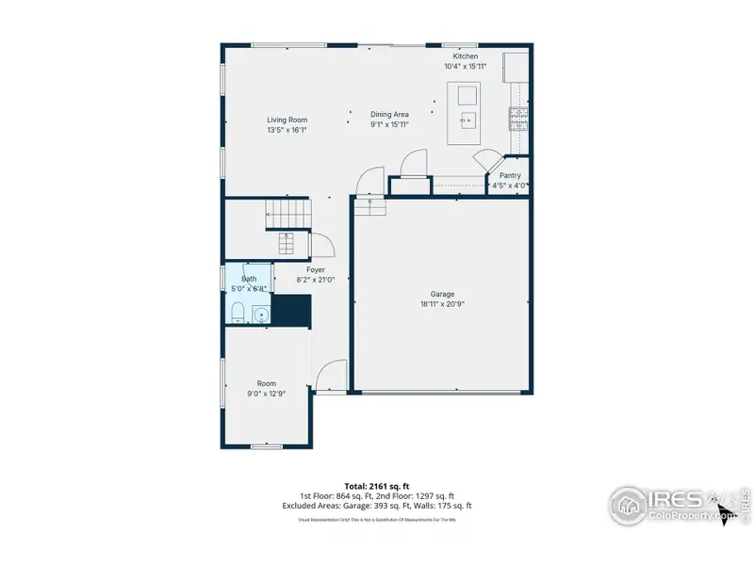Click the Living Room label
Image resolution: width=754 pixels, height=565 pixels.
[x=287, y=120]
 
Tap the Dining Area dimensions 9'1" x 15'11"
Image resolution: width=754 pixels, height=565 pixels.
[x=389, y=124]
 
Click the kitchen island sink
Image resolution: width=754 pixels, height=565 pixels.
[x=467, y=120]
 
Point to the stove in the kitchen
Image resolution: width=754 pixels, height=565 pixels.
[x=518, y=118]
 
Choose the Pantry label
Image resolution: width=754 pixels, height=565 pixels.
[x=510, y=175]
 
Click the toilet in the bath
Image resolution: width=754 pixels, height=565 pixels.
[x=237, y=314]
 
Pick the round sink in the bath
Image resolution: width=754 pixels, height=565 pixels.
[x=260, y=314]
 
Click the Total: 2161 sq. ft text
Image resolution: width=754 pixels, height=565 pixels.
[x=377, y=486]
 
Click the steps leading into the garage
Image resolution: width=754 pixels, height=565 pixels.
[x=370, y=206]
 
